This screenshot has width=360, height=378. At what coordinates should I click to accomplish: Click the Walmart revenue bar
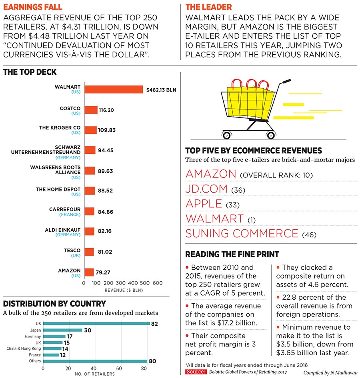pos(113,90)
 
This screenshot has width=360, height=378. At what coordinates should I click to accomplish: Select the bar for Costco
pos(91,110)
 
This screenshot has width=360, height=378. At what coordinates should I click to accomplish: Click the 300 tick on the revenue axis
pos(120,283)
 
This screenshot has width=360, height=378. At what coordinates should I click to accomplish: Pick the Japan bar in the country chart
pos(62,330)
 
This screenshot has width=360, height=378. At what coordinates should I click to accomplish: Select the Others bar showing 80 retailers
pos(95,361)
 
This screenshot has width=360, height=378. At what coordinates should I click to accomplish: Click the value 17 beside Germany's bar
pos(69,336)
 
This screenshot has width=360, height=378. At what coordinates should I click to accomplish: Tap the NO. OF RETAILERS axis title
pos(95,374)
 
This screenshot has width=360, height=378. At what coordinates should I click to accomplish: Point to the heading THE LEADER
pos(208,7)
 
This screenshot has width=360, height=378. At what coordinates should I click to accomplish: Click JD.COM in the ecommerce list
pos(206,189)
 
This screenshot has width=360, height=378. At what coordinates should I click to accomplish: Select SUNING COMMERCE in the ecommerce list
pos(242,233)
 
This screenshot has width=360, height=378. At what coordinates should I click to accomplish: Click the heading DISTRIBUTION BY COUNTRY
pos(54,304)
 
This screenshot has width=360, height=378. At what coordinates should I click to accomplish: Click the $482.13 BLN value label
pos(161,90)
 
